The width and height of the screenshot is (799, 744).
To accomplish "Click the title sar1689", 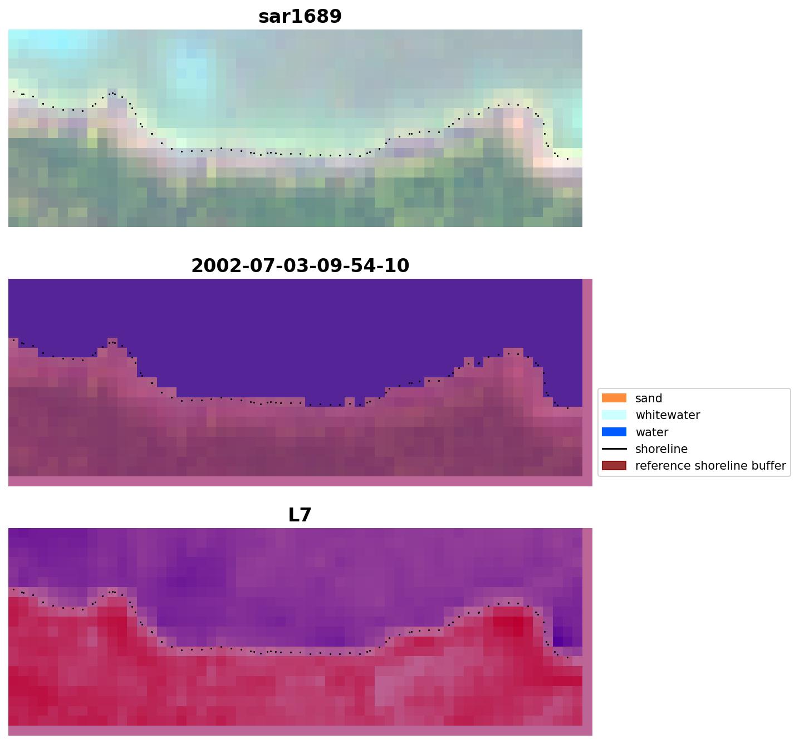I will click(300, 17).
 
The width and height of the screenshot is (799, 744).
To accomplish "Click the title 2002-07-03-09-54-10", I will click(300, 266).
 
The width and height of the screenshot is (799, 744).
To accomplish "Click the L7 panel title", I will click(300, 515).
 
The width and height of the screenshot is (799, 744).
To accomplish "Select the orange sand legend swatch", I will click(614, 398).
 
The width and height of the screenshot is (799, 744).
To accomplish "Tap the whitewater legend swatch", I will click(614, 415).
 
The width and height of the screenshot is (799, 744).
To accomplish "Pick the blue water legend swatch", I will click(614, 432).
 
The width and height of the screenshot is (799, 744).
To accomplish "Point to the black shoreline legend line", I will click(614, 449).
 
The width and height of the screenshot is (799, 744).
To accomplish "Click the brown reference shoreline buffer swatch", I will click(614, 466).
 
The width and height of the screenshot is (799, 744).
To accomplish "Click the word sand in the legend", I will click(649, 398).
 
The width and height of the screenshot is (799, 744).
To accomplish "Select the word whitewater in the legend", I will click(668, 415).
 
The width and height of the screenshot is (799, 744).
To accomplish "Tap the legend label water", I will click(651, 432).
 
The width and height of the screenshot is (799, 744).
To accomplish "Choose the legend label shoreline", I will click(661, 449).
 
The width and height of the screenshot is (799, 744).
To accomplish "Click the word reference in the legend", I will click(660, 466).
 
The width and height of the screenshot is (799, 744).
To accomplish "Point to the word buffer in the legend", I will click(768, 466).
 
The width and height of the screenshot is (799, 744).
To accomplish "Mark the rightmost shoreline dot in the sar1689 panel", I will click(568, 159).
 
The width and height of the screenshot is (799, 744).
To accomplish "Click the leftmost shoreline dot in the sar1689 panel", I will click(13, 91).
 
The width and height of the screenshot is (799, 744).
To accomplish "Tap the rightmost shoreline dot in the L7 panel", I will click(568, 658).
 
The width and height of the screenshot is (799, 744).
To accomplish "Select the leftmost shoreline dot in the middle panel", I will click(13, 341).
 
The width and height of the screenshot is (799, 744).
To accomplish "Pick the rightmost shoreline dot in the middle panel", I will click(568, 408).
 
